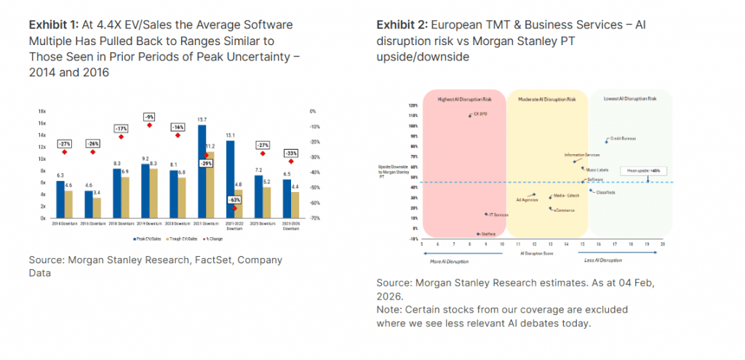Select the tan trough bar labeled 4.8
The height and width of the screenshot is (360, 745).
click(x=239, y=203)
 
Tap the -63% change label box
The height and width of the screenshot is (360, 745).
click(x=235, y=199)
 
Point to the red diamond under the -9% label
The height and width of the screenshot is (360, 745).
click(x=149, y=125)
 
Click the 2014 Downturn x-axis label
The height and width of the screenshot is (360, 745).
click(x=63, y=223)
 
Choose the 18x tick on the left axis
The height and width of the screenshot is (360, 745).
click(x=42, y=111)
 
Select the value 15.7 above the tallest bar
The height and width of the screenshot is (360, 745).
click(x=202, y=119)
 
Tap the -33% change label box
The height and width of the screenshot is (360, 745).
click(x=291, y=153)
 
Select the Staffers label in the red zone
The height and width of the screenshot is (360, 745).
click(x=487, y=234)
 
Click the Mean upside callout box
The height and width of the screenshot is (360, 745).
click(x=640, y=170)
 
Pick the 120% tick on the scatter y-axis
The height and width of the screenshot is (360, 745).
click(x=412, y=105)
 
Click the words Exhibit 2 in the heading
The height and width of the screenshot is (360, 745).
click(x=398, y=25)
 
